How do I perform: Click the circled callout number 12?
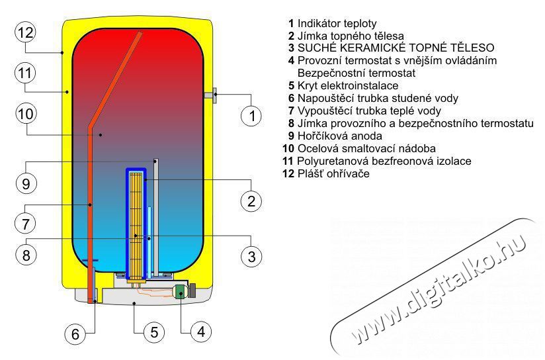tap(24, 31)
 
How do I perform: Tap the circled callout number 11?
tap(24, 71)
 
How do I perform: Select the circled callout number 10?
tap(24, 114)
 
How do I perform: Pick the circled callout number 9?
tap(24, 183)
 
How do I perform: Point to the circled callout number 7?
tap(24, 224)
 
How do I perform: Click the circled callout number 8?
tap(24, 255)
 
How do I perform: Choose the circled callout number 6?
tap(75, 335)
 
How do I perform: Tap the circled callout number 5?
tap(153, 332)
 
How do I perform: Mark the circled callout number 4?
tap(201, 331)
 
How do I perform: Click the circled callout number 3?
tap(251, 255)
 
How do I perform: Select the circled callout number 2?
tap(251, 202)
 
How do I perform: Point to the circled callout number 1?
tap(251, 117)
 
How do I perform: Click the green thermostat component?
tap(179, 292)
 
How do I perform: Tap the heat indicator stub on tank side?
tap(212, 96)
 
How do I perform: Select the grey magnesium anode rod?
tap(154, 212)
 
